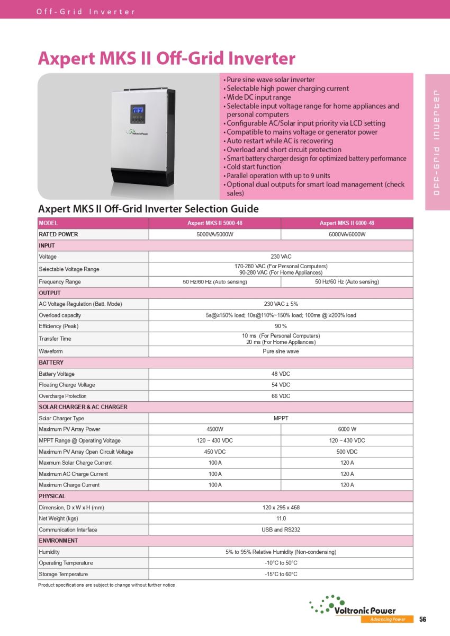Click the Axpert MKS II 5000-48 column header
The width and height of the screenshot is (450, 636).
[x=214, y=223]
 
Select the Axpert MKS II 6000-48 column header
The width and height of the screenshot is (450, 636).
[x=347, y=223]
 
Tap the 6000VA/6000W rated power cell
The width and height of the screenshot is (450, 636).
[x=347, y=234]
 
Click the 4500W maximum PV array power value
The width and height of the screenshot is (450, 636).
[x=214, y=429]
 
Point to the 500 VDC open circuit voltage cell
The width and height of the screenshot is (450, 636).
[x=347, y=452]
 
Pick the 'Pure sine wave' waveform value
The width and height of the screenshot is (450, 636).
[x=281, y=351]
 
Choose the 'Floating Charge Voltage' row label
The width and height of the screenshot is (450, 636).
[x=67, y=385]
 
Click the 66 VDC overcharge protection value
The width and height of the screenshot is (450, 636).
[x=281, y=396]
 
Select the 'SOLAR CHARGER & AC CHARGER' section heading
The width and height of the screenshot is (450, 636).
[x=83, y=407]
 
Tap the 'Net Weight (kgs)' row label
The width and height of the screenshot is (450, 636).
[x=58, y=518]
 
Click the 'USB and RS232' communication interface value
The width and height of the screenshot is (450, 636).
[x=281, y=529]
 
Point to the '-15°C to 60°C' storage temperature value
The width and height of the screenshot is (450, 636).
[x=281, y=574]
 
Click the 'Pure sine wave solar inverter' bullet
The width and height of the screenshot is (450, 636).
[x=271, y=79]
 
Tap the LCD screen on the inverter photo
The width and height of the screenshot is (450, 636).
[x=139, y=110]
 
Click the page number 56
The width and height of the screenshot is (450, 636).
[x=422, y=619]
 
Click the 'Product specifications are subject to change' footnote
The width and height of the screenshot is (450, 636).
[x=107, y=585]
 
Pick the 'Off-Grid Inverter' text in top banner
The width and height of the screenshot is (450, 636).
[x=86, y=12]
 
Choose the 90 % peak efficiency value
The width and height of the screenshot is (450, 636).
[x=281, y=326]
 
